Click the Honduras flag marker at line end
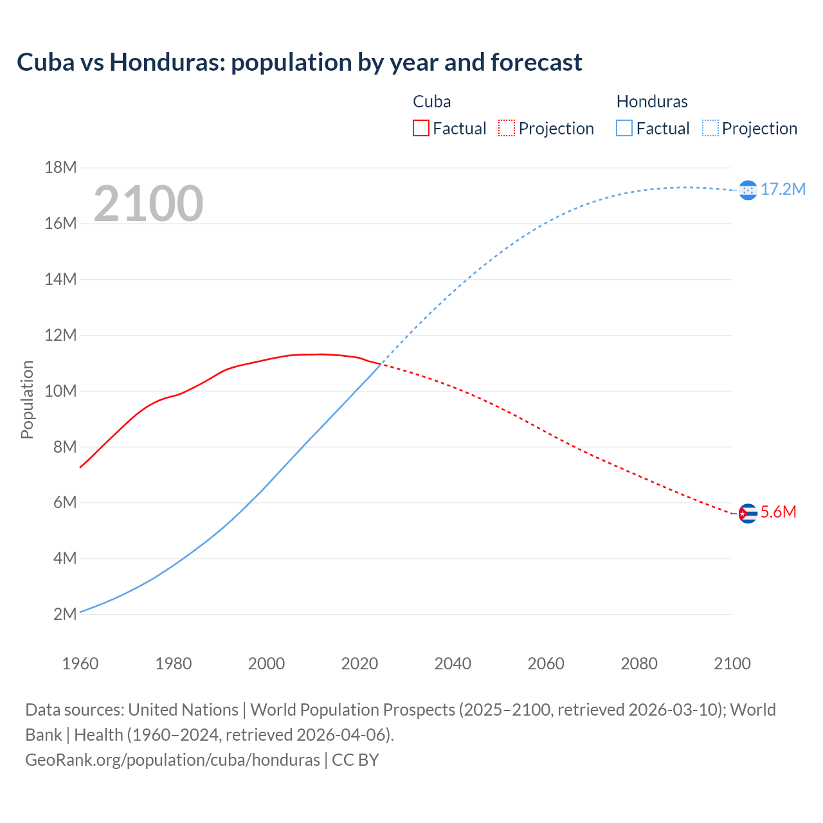click(748, 190)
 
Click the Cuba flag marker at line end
click(748, 513)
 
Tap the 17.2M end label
click(782, 189)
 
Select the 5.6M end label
click(778, 512)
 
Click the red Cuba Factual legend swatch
click(421, 129)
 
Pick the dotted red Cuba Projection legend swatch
click(507, 129)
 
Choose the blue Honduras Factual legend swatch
click(624, 129)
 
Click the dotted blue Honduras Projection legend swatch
click(710, 129)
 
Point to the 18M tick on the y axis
click(60, 168)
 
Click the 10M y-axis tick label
click(60, 391)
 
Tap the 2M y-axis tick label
click(65, 614)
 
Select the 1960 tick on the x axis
click(80, 664)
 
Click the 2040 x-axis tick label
click(453, 664)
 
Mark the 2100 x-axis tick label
click(732, 664)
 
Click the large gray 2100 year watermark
click(149, 204)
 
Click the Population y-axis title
click(27, 399)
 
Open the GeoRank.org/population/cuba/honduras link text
click(172, 760)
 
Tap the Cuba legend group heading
click(431, 102)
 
